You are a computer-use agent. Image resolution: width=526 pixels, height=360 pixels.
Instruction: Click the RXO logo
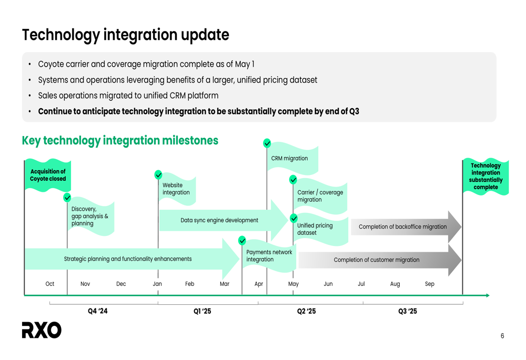click(42, 330)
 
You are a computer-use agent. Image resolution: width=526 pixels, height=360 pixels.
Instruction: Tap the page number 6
click(502, 336)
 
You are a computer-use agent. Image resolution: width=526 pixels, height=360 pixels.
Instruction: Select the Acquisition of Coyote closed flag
click(48, 175)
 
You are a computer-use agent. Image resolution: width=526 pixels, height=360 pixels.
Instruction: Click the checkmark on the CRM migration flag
click(267, 143)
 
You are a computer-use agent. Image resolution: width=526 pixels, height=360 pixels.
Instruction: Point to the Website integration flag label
click(176, 189)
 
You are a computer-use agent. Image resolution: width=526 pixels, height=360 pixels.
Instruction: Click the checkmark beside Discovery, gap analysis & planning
click(67, 198)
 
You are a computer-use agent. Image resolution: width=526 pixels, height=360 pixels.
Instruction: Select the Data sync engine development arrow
click(224, 220)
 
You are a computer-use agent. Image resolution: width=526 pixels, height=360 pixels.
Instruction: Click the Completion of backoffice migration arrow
click(406, 227)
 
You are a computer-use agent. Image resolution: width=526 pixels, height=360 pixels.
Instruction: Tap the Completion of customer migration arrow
click(380, 260)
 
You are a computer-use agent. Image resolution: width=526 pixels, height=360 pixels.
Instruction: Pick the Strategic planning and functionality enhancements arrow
click(131, 259)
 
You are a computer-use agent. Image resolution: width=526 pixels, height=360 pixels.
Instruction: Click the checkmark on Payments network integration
click(242, 240)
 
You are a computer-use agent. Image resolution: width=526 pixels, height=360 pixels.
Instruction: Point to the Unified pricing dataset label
click(315, 229)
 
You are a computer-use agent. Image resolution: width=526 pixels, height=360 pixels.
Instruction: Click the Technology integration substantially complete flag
click(485, 176)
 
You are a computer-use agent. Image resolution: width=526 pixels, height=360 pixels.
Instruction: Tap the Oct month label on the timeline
click(49, 284)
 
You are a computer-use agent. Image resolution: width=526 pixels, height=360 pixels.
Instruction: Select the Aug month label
click(395, 284)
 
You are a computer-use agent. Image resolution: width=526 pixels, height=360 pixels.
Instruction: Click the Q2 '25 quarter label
click(306, 311)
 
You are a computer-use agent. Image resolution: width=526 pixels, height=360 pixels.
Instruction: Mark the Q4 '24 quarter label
click(98, 311)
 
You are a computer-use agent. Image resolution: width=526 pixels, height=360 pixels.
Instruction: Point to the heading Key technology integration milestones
click(120, 140)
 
